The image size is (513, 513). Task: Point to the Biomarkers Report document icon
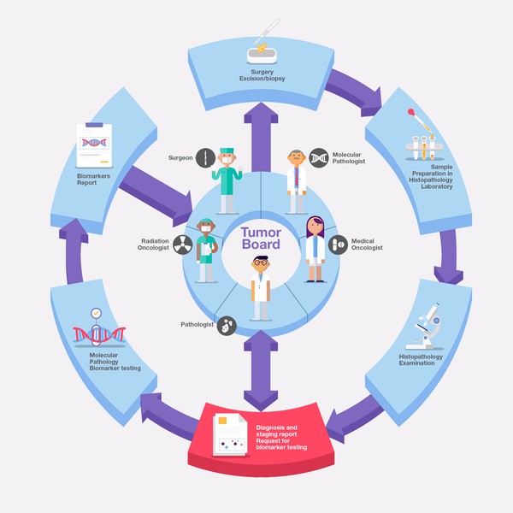(x=96, y=144)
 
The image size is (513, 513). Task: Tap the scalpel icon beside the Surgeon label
(x=204, y=158)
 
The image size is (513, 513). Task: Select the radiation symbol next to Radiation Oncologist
(x=182, y=245)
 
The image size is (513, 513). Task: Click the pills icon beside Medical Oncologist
(x=338, y=245)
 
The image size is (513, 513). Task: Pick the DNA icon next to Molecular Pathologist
(x=319, y=156)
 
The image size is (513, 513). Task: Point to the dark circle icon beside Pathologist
(x=226, y=325)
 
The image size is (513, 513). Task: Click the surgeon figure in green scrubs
(x=227, y=180)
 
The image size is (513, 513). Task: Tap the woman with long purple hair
(x=315, y=248)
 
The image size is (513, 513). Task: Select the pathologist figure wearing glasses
(x=260, y=286)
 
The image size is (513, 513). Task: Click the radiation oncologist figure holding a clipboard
(x=206, y=250)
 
